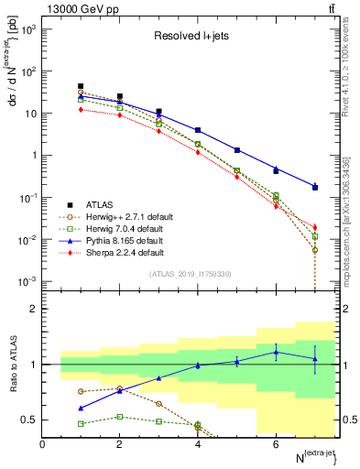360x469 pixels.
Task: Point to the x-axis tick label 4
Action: point(198,444)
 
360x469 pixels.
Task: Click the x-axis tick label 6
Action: point(276,444)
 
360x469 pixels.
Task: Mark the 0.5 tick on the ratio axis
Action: point(30,420)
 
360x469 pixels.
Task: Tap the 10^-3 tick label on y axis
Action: point(27,281)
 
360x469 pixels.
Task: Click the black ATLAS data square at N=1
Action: point(81,86)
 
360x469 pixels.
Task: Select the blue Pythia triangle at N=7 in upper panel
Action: point(315,186)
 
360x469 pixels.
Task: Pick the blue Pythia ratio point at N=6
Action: point(276,352)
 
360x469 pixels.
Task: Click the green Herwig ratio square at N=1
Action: point(81,423)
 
